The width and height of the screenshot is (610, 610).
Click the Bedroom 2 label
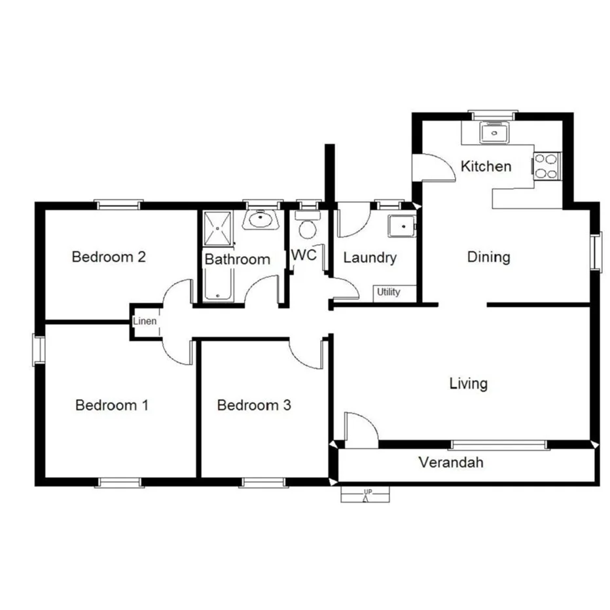coord(108,257)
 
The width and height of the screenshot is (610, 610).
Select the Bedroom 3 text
coord(253,405)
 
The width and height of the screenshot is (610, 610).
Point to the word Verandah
coord(451,463)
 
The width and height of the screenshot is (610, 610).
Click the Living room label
coord(468,383)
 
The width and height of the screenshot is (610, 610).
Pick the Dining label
coord(488,257)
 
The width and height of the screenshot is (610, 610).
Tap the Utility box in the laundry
coord(388,293)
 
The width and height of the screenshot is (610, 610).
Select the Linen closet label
coord(145,321)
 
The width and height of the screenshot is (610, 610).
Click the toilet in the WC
coord(306,227)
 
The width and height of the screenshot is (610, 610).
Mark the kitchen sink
coord(494,133)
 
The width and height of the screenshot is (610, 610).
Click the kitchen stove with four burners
coord(547,166)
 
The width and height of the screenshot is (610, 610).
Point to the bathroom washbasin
coord(262,219)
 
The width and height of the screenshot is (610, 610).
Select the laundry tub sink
coord(401,226)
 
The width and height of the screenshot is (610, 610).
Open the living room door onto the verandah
coord(359,431)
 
